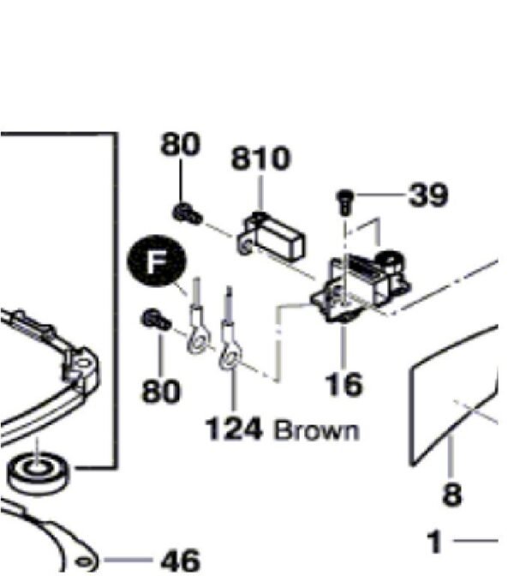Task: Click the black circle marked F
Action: pyautogui.click(x=157, y=261)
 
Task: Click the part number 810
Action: pyautogui.click(x=261, y=159)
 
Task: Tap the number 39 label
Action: pyautogui.click(x=428, y=195)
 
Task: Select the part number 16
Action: pyautogui.click(x=344, y=384)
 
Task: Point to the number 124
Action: pyautogui.click(x=234, y=429)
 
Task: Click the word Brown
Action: pyautogui.click(x=316, y=430)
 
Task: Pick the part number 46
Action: pyautogui.click(x=181, y=561)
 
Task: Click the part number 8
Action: pyautogui.click(x=452, y=494)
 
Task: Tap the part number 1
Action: pyautogui.click(x=434, y=542)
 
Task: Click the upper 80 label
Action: pyautogui.click(x=180, y=144)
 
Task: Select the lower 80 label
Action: pyautogui.click(x=161, y=391)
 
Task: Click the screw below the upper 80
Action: pyautogui.click(x=187, y=214)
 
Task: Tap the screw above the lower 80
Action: pyautogui.click(x=156, y=320)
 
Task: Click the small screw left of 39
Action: pyautogui.click(x=345, y=202)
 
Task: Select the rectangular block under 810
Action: pyautogui.click(x=273, y=236)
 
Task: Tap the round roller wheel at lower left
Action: pyautogui.click(x=39, y=474)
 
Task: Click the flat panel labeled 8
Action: pyautogui.click(x=453, y=396)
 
